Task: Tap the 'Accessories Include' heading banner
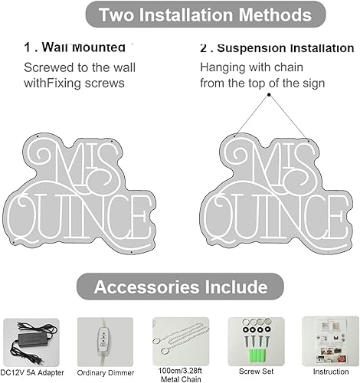181,287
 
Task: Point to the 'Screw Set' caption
253,367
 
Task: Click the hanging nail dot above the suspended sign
269,95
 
